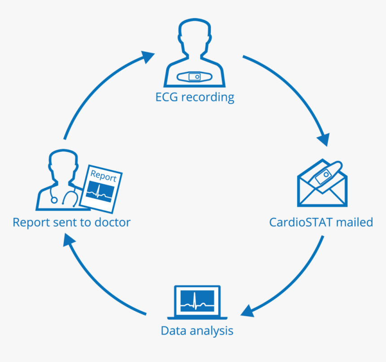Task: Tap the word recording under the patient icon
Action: coord(208,97)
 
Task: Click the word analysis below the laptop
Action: coord(211,331)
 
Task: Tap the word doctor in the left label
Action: coord(112,222)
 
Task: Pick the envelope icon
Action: coord(322,185)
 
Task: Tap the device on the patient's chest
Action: coord(194,77)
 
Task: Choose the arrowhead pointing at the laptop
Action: coord(249,310)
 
